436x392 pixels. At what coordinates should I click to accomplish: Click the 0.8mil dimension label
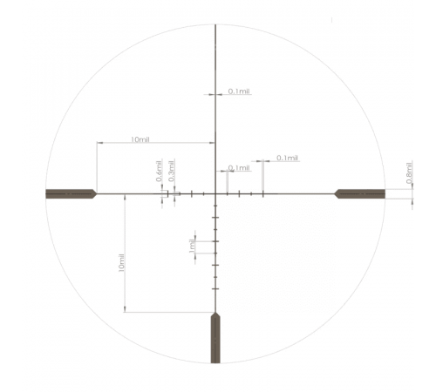(409, 172)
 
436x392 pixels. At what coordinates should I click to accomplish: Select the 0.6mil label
(159, 171)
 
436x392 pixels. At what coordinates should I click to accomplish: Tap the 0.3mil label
(172, 171)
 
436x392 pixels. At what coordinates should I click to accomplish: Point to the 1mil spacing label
(192, 246)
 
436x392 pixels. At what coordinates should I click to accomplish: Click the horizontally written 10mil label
(140, 139)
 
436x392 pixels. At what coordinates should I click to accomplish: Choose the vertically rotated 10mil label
(121, 263)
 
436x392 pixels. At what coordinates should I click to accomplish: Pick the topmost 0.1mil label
(239, 91)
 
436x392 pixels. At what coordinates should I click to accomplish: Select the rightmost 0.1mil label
(287, 158)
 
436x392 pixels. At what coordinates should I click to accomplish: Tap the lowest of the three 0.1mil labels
(239, 168)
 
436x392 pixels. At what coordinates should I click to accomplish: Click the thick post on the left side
(71, 193)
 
